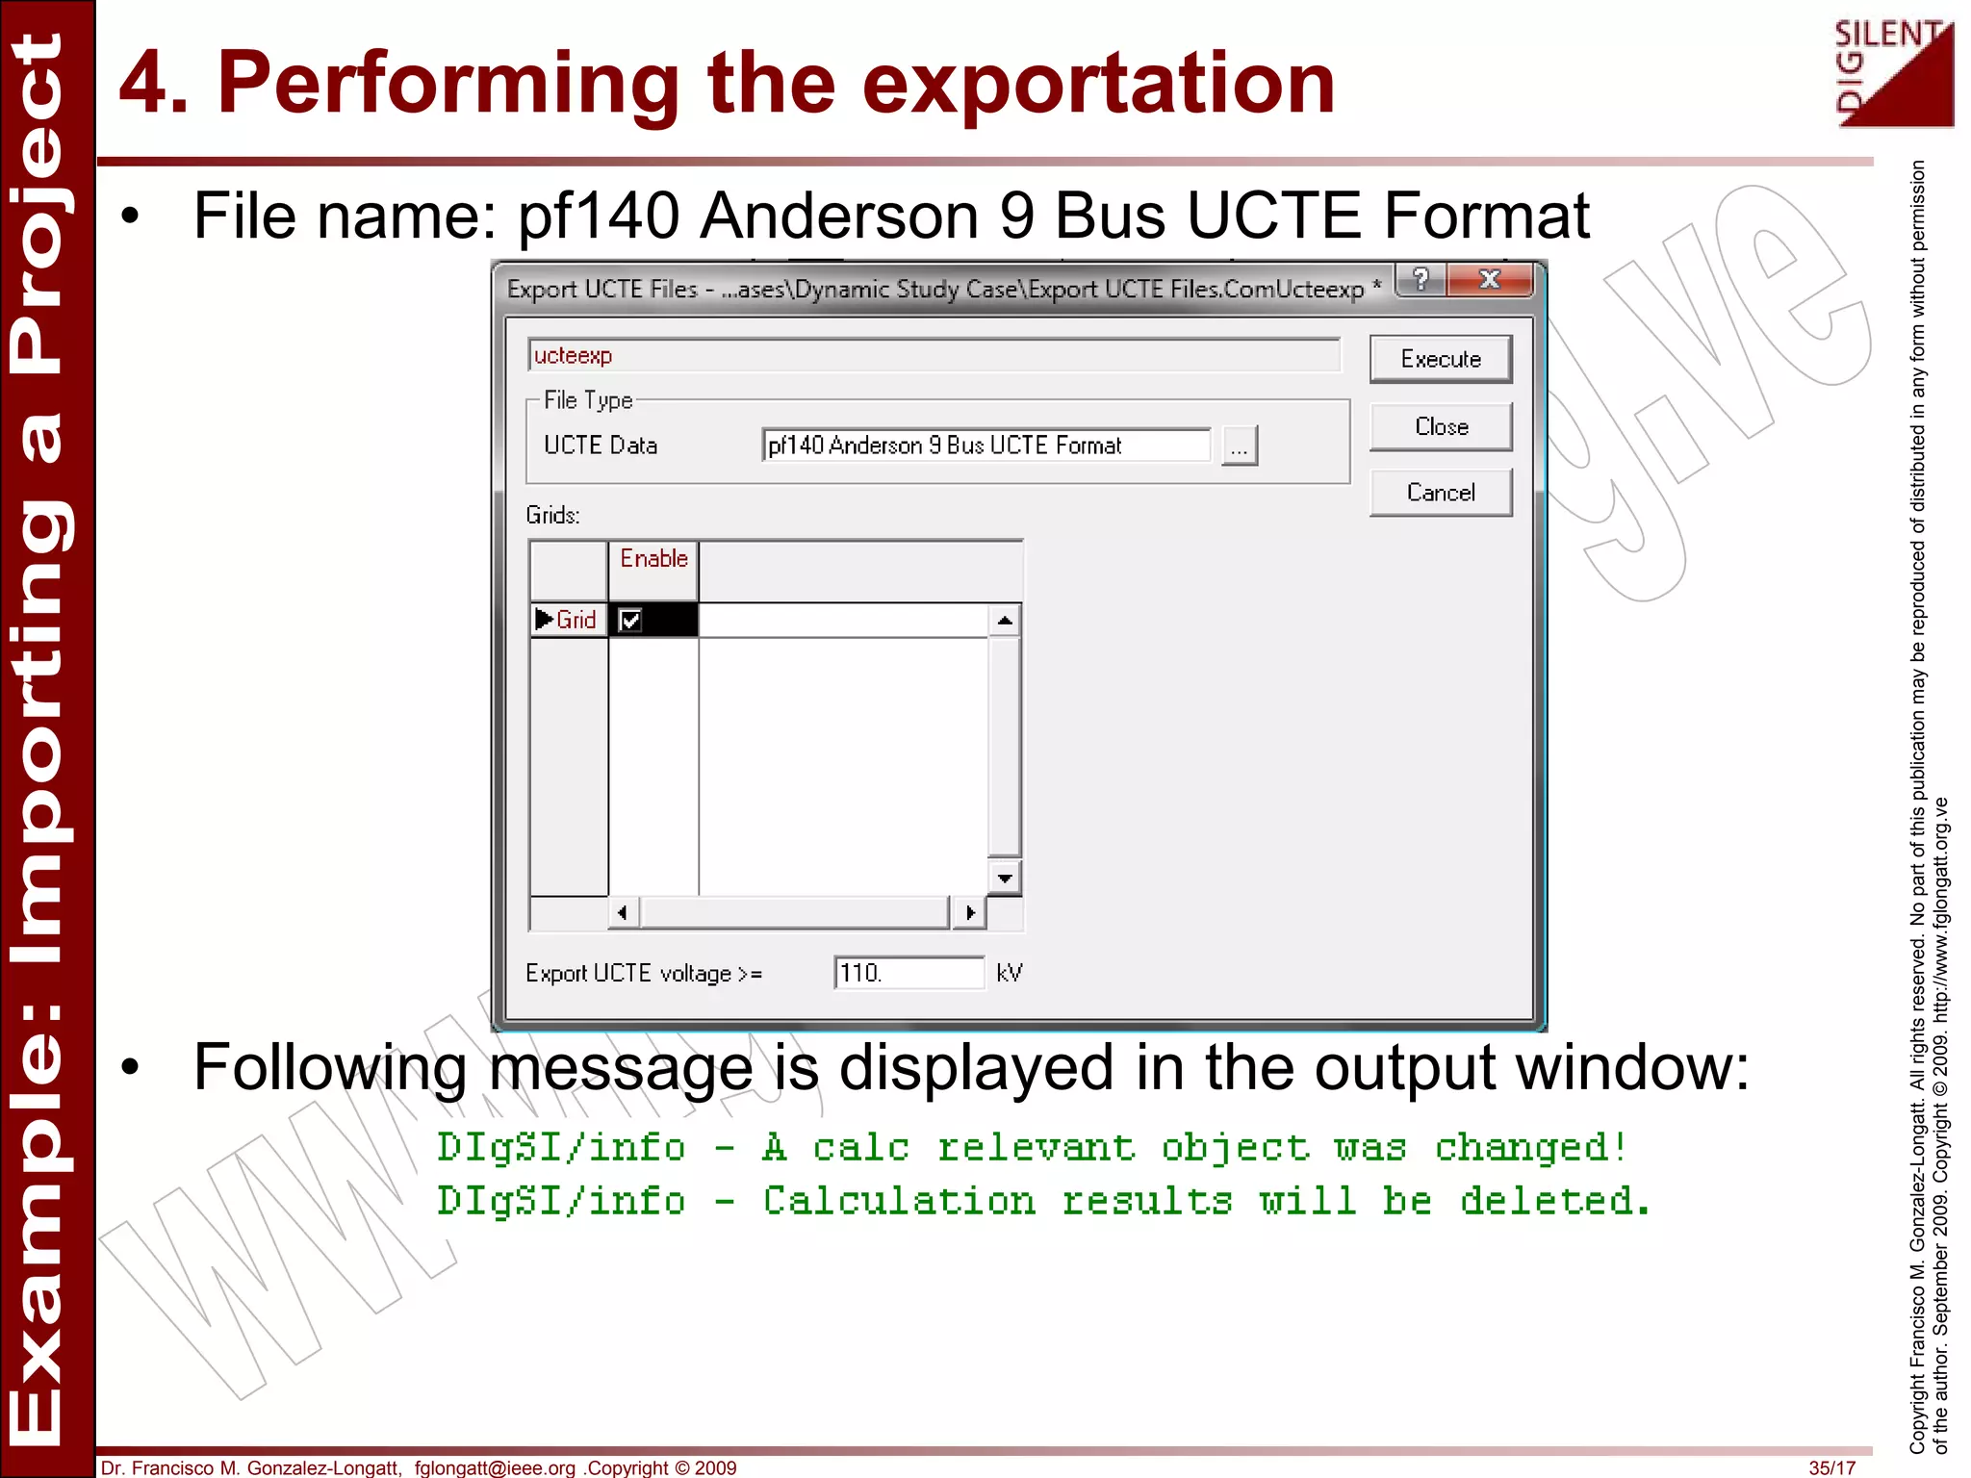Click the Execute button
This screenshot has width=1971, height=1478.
pyautogui.click(x=1440, y=359)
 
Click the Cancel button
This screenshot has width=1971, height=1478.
pyautogui.click(x=1440, y=493)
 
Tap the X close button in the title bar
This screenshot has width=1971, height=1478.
pyautogui.click(x=1489, y=280)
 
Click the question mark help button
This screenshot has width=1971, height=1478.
pyautogui.click(x=1421, y=280)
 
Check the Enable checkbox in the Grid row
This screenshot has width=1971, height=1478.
pyautogui.click(x=630, y=621)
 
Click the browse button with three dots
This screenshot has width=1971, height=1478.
pyautogui.click(x=1239, y=446)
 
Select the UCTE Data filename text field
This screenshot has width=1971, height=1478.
pyautogui.click(x=985, y=446)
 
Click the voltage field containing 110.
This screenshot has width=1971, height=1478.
pyautogui.click(x=908, y=973)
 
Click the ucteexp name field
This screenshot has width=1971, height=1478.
pyautogui.click(x=934, y=356)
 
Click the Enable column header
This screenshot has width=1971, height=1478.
pyautogui.click(x=653, y=559)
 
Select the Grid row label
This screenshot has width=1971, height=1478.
pyautogui.click(x=575, y=621)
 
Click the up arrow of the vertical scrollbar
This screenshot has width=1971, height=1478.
pyautogui.click(x=1005, y=621)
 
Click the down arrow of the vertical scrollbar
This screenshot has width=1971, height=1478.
pyautogui.click(x=1005, y=878)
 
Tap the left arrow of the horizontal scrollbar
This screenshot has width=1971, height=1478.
pyautogui.click(x=623, y=912)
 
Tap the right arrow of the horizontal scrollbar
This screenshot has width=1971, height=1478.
pyautogui.click(x=969, y=912)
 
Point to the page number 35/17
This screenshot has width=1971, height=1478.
pyautogui.click(x=1831, y=1467)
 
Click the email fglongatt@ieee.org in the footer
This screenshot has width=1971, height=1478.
pyautogui.click(x=495, y=1467)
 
